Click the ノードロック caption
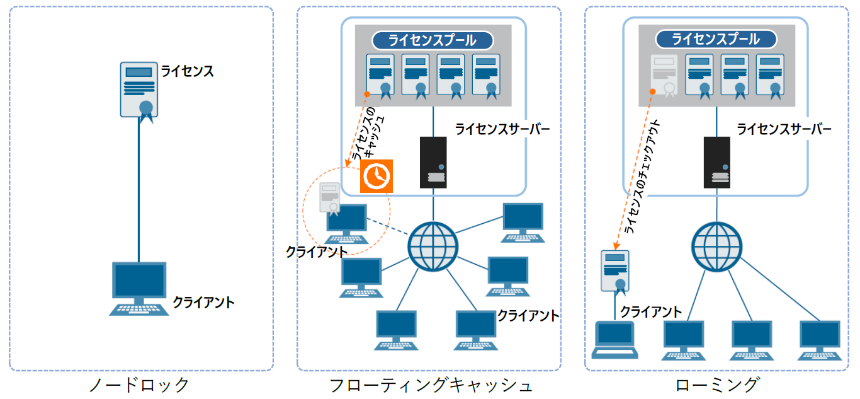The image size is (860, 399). point(140,385)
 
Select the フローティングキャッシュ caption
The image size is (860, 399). point(431,385)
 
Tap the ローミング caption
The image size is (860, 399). point(718,385)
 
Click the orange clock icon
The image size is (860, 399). point(376,175)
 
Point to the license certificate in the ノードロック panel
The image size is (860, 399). point(139,90)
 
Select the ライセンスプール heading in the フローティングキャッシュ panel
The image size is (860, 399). point(432,40)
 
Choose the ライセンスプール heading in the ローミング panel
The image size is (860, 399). point(716,39)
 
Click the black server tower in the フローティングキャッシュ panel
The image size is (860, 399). point(433,162)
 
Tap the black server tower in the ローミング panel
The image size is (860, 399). point(716,162)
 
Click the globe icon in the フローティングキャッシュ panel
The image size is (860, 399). point(432,245)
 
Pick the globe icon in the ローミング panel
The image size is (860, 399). point(716,245)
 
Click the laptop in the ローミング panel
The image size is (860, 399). point(614,340)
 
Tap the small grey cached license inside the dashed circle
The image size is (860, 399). point(329,197)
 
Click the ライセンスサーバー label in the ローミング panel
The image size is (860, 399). point(784,130)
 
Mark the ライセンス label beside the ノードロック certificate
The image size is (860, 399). point(187,71)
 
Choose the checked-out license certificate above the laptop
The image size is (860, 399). point(614,270)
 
